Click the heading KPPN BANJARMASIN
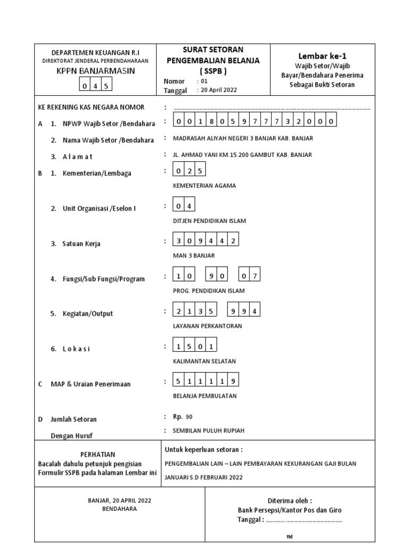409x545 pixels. point(96,71)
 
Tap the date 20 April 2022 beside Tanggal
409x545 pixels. point(218,90)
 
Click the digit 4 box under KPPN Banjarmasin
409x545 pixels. point(96,85)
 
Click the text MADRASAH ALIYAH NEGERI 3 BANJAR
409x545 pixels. point(243,138)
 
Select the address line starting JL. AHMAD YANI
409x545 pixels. point(242,155)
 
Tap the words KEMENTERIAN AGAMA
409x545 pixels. point(204,186)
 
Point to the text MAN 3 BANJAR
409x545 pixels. point(194,255)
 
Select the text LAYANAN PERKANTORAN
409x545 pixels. point(208,326)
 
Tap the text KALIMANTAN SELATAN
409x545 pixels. point(204,361)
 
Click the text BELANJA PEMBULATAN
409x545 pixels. point(205,396)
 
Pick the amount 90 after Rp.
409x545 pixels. point(189,417)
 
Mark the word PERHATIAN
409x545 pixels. point(97,455)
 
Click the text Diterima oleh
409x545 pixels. point(289,501)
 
